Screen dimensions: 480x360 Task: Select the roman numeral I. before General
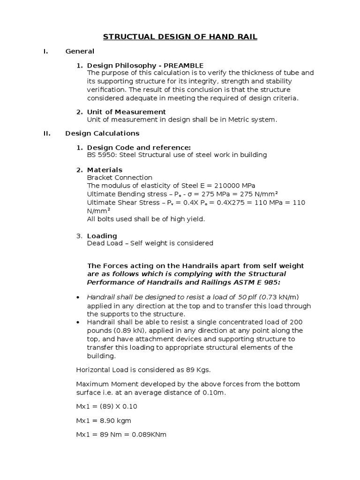tap(46, 51)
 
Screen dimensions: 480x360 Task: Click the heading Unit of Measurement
tap(126, 112)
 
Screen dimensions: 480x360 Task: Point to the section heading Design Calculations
tap(102, 133)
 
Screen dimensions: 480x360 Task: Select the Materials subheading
tap(105, 170)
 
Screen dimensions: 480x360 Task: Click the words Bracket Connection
tap(120, 178)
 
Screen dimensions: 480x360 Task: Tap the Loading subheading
tap(102, 236)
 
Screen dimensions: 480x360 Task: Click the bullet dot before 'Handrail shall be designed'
tap(78, 298)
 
